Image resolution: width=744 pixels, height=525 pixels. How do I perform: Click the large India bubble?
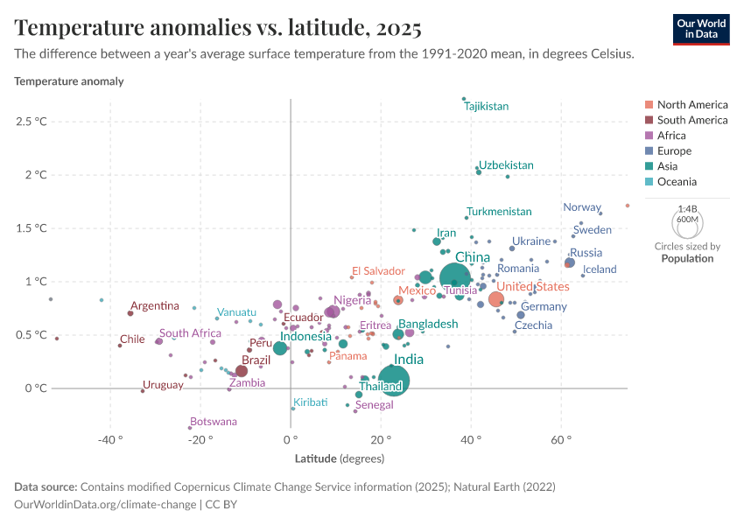(x=393, y=381)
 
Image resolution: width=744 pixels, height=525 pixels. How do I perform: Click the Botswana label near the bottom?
(x=213, y=422)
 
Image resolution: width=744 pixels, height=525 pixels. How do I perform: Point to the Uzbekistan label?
(x=506, y=164)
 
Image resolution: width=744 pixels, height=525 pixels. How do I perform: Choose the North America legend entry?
(x=691, y=104)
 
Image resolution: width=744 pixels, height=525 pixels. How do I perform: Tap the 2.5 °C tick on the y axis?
(x=31, y=121)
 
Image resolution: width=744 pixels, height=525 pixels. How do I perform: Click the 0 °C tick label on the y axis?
(x=36, y=388)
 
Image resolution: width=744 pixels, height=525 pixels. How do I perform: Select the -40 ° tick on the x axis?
(x=109, y=440)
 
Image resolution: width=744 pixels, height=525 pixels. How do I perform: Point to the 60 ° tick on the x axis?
(x=561, y=440)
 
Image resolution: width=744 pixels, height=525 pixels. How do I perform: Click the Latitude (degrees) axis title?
(x=340, y=458)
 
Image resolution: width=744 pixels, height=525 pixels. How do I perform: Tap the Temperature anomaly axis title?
(x=69, y=81)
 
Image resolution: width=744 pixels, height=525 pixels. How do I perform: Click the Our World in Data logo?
(x=700, y=28)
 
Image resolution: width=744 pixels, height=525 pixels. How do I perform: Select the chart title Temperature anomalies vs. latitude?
(x=218, y=28)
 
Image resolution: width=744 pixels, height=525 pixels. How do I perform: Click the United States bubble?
(x=496, y=299)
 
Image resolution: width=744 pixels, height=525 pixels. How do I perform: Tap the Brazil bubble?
(x=242, y=371)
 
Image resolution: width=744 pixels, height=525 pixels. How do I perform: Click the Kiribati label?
(x=311, y=402)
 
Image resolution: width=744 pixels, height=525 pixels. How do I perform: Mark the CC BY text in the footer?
(x=222, y=504)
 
